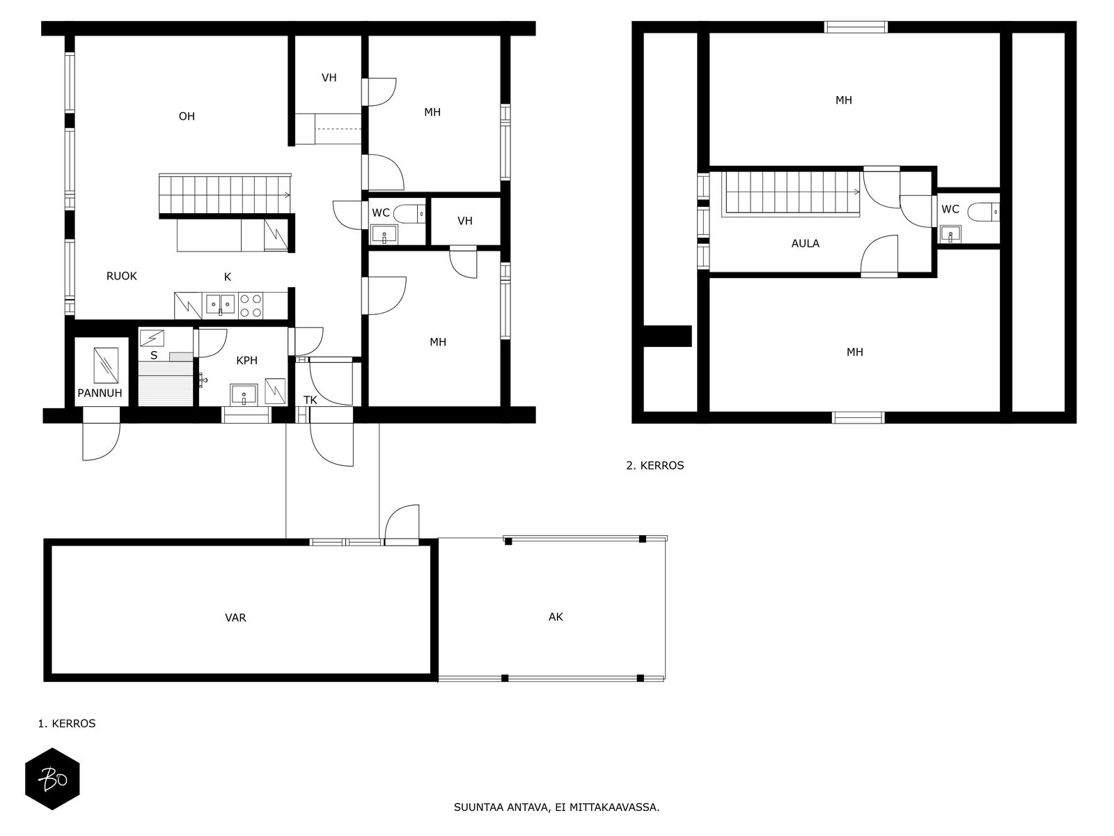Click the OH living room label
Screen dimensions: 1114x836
tap(187, 116)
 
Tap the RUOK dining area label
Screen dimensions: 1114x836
tap(121, 276)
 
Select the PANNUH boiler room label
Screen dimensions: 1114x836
tap(100, 393)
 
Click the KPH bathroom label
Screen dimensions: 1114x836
tap(246, 360)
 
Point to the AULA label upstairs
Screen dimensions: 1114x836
tap(806, 244)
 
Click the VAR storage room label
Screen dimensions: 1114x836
tap(235, 618)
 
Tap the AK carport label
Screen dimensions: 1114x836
tap(556, 617)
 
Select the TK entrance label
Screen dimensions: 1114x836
tap(310, 400)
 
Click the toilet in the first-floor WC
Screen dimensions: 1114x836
tap(409, 214)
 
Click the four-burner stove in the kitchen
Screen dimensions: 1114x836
tap(251, 306)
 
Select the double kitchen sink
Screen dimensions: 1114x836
tap(220, 304)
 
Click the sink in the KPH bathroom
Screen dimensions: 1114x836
tap(244, 395)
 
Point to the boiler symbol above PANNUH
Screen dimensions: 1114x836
tap(106, 366)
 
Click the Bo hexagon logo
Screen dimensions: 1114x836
tap(52, 779)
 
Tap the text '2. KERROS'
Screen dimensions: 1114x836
tap(654, 465)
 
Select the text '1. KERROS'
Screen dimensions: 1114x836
tap(66, 723)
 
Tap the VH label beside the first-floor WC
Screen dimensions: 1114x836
tap(465, 221)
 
